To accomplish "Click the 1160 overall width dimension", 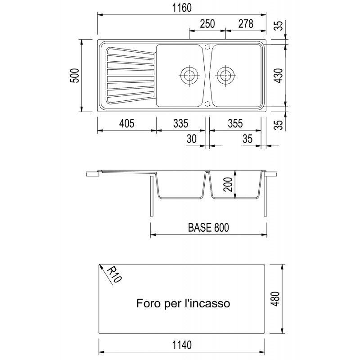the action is click(x=182, y=8).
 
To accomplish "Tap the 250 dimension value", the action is click(x=207, y=24).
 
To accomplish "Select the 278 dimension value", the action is click(x=246, y=24).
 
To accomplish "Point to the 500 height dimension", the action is click(x=75, y=76).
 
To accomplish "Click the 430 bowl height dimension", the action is click(x=279, y=76).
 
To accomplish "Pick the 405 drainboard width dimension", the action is click(x=126, y=123).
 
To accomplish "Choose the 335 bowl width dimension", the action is click(x=181, y=123).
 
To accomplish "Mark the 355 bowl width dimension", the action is click(x=235, y=123).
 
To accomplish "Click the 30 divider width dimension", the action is click(x=192, y=139).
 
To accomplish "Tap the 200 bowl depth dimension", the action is click(x=228, y=184).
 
